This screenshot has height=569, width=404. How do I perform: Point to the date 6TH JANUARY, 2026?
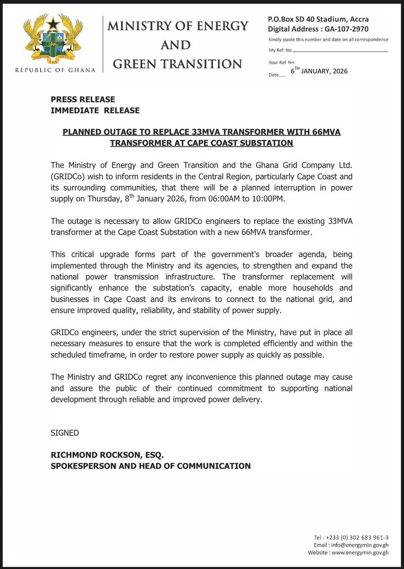[319, 71]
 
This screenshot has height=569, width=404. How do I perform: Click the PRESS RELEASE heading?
[83, 100]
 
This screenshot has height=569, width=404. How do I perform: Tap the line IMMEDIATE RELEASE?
[95, 110]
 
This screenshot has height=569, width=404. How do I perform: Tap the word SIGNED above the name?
[65, 433]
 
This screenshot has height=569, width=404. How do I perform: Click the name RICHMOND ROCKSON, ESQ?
[107, 455]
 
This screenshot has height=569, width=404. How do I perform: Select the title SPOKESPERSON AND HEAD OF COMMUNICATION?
[151, 466]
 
